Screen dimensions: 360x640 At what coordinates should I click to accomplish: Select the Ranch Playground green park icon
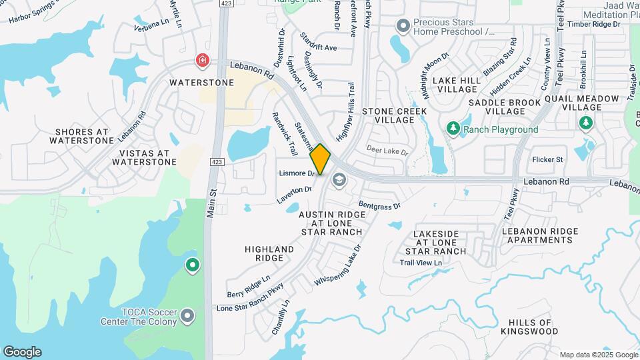(453, 128)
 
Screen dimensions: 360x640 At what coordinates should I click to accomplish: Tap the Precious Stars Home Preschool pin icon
(402, 27)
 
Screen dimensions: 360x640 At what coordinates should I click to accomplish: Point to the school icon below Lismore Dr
(339, 180)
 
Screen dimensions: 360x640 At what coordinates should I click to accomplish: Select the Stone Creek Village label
(389, 115)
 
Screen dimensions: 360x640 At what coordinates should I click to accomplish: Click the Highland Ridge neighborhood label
(269, 253)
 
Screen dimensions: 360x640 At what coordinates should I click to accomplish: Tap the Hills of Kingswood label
(529, 326)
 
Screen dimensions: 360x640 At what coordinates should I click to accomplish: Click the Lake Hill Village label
(457, 85)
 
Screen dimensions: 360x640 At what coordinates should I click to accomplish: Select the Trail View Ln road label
(421, 263)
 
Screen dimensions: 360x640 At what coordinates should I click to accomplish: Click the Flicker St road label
(547, 159)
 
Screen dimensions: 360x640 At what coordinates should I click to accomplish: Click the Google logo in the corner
(22, 352)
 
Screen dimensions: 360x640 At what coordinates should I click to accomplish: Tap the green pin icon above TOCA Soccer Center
(193, 266)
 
